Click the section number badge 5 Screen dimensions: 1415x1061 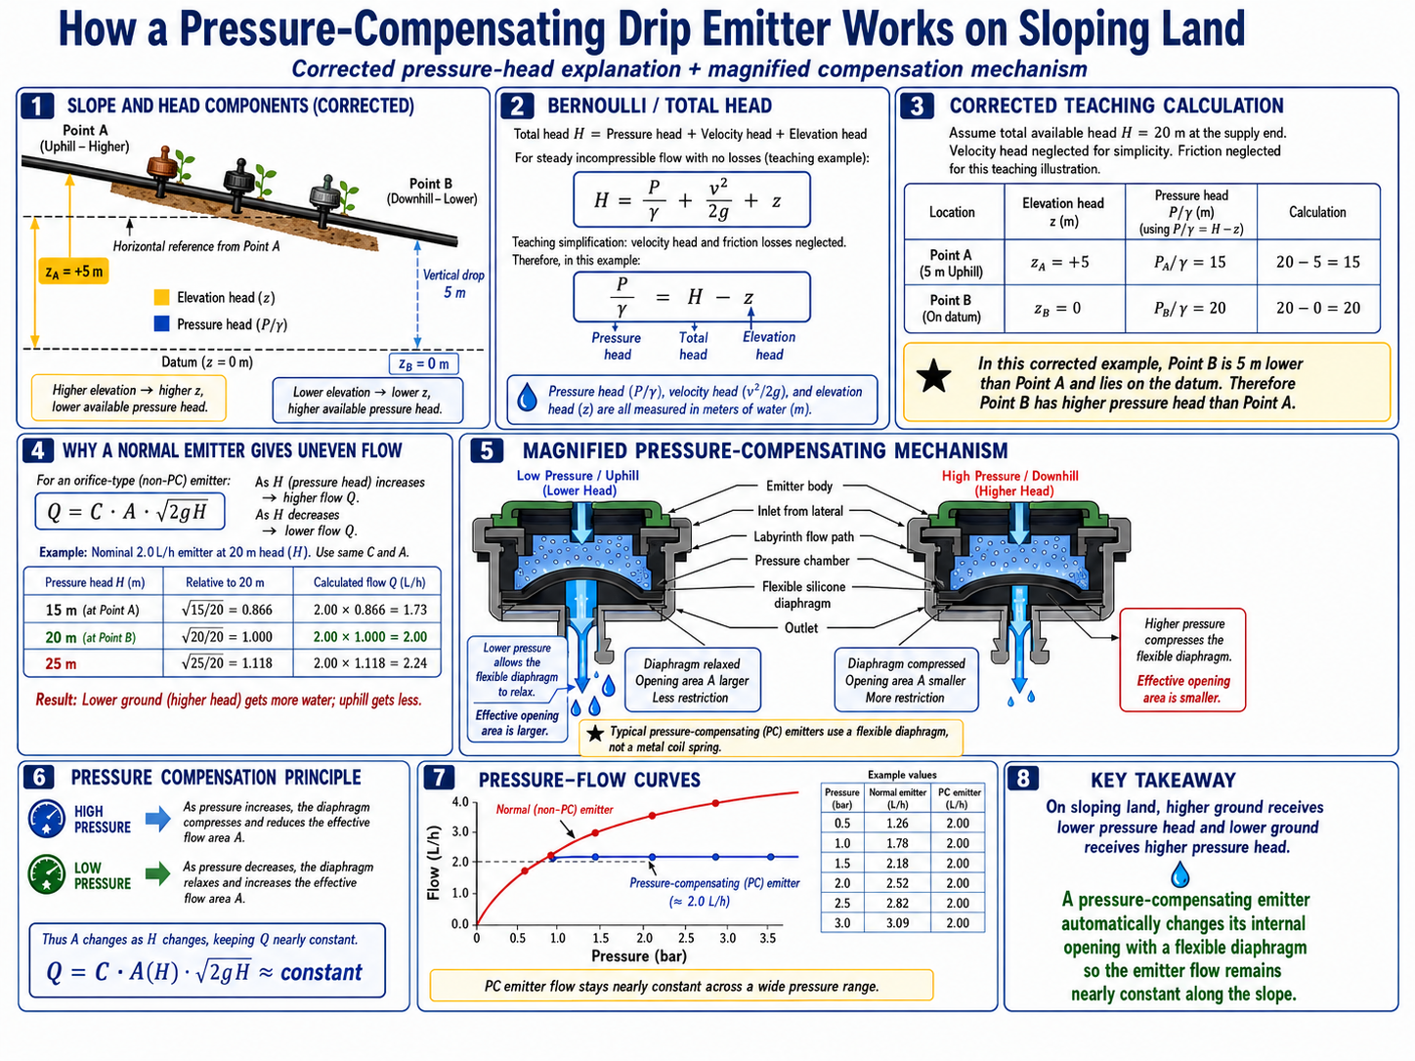pos(486,450)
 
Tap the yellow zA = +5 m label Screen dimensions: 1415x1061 pos(73,272)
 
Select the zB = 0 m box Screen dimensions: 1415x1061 pos(423,363)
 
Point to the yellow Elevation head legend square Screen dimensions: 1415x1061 pos(161,297)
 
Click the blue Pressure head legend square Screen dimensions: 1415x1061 pos(161,323)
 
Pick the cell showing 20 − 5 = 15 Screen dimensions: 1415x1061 pos(1317,262)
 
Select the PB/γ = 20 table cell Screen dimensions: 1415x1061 pos(1190,309)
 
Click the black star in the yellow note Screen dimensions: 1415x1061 pos(933,377)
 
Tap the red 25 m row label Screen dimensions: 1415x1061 pos(61,663)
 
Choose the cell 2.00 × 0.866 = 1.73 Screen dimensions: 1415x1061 pos(370,610)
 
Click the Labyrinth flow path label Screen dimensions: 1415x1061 pos(803,536)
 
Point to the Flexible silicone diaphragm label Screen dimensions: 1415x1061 pos(802,595)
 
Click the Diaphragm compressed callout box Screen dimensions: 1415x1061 pos(906,680)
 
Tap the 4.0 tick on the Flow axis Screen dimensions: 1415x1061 pos(460,802)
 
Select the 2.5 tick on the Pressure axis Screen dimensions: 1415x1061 pos(686,938)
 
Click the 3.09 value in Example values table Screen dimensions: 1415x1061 pos(897,922)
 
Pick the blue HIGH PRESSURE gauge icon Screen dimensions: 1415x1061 pos(46,819)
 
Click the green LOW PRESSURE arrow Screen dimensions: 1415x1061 pos(157,874)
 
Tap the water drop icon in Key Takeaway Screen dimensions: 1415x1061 pos(1179,874)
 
